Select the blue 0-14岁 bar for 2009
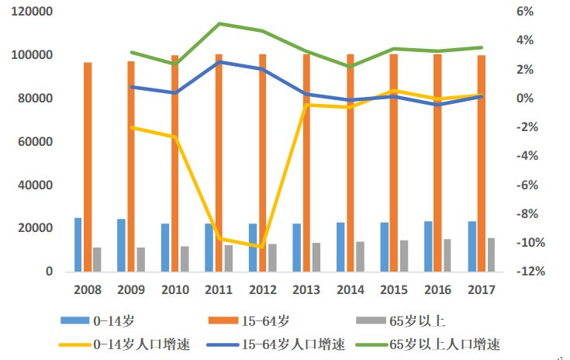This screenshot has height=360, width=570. coord(121,245)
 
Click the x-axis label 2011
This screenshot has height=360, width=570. coord(219,289)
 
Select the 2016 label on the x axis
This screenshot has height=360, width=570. coord(437,289)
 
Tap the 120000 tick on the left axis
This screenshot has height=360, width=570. coord(33,12)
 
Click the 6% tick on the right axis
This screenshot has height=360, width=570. coord(524,12)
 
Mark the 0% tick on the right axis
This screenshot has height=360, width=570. coord(524,99)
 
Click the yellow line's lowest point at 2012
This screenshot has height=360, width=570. coord(263,247)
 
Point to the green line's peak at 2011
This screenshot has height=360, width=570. coord(219,23)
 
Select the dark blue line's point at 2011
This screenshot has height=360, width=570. coord(219,61)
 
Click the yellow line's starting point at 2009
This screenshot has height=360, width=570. coord(132,127)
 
